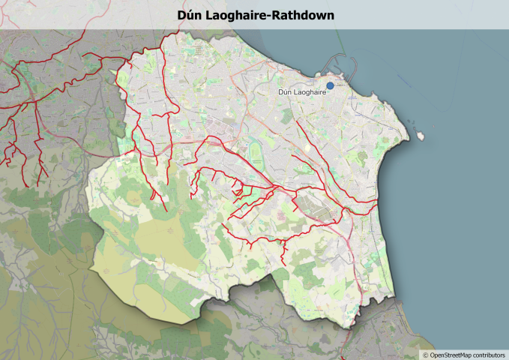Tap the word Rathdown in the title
[303, 15]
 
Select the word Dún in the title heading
[189, 15]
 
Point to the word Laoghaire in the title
[236, 15]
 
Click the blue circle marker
[330, 85]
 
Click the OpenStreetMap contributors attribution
[464, 354]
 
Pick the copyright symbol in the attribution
[425, 354]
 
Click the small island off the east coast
[421, 136]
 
